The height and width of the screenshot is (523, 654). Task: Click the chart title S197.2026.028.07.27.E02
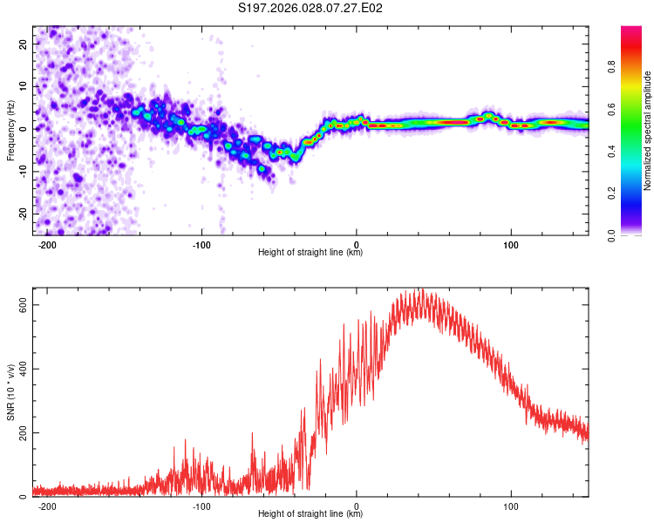pos(310,8)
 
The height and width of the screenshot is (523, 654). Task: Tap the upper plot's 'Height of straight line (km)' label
pos(310,253)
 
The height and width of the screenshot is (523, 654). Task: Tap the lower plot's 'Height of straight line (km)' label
pos(310,514)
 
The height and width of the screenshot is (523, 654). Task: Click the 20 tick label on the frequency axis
pos(23,44)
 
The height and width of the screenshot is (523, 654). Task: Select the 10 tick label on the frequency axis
pos(23,86)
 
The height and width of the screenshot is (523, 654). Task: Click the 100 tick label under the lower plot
pos(511,506)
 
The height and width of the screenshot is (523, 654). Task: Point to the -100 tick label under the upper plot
pos(201,245)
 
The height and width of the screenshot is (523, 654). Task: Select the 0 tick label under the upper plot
pos(357,245)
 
